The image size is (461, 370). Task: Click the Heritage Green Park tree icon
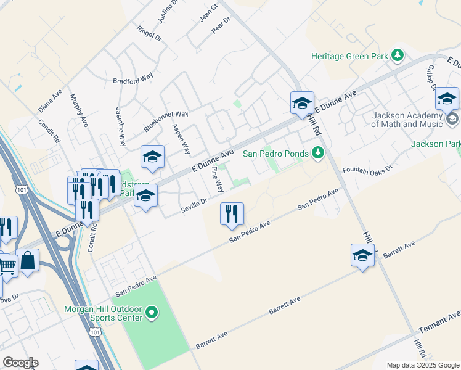(398, 56)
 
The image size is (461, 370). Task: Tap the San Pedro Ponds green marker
(318, 153)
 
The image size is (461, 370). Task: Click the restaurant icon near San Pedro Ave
(232, 214)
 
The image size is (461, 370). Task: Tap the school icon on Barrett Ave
(362, 255)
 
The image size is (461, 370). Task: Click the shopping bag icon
(28, 260)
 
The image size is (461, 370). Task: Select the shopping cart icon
(7, 266)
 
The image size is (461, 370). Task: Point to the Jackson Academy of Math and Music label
(407, 120)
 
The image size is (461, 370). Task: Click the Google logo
(21, 362)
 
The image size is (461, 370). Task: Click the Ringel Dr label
(149, 32)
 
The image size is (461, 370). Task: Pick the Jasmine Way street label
(121, 127)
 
